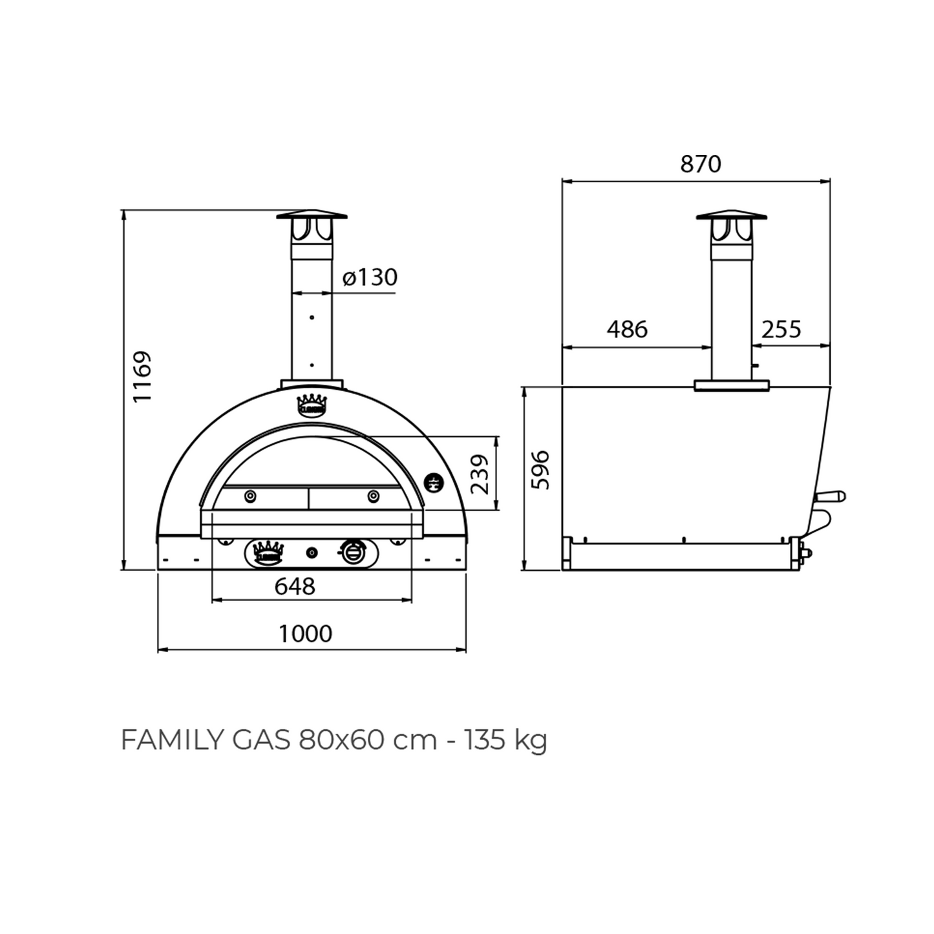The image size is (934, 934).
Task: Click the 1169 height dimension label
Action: click(x=142, y=376)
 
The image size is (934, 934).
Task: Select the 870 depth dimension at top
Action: click(x=701, y=164)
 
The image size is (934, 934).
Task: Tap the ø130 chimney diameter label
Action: click(x=370, y=277)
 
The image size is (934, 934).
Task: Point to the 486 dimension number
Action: click(x=627, y=330)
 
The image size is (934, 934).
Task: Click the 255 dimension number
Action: click(x=781, y=330)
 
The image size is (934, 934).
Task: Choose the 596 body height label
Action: click(x=540, y=470)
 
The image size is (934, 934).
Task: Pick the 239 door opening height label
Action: click(x=480, y=474)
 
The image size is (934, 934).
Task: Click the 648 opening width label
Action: click(x=295, y=586)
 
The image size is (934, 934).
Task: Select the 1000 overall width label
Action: click(x=305, y=633)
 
